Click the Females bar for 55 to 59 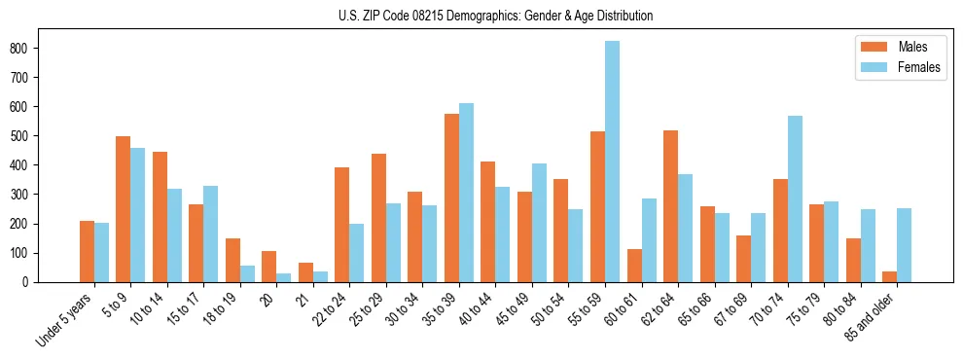[x=613, y=162]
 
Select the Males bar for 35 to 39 [x=452, y=198]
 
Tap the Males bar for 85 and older [x=890, y=276]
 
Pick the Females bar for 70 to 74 [x=795, y=198]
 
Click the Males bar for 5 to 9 [x=124, y=209]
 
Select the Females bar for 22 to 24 [x=357, y=253]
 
